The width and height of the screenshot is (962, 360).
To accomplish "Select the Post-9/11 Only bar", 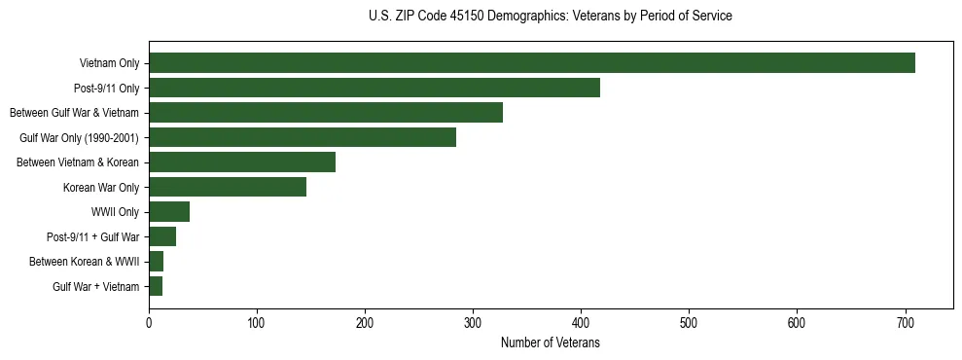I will click(374, 88).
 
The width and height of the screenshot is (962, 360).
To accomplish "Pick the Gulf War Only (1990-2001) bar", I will click(303, 137).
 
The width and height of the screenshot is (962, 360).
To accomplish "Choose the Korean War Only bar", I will click(228, 187).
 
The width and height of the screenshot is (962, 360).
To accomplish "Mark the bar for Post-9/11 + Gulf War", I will click(162, 236).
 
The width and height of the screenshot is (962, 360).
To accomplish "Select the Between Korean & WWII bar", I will click(156, 262).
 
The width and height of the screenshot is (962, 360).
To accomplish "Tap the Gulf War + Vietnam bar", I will click(156, 286).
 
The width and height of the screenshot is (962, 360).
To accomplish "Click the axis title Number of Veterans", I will click(550, 343).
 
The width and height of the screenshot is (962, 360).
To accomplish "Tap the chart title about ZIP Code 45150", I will click(550, 17).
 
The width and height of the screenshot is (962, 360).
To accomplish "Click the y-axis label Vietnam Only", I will click(109, 64).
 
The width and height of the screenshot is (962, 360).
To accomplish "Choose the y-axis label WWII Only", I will click(115, 212).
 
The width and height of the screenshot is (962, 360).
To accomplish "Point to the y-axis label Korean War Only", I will click(101, 188).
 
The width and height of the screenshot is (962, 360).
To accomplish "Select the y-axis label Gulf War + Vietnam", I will click(95, 287).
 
